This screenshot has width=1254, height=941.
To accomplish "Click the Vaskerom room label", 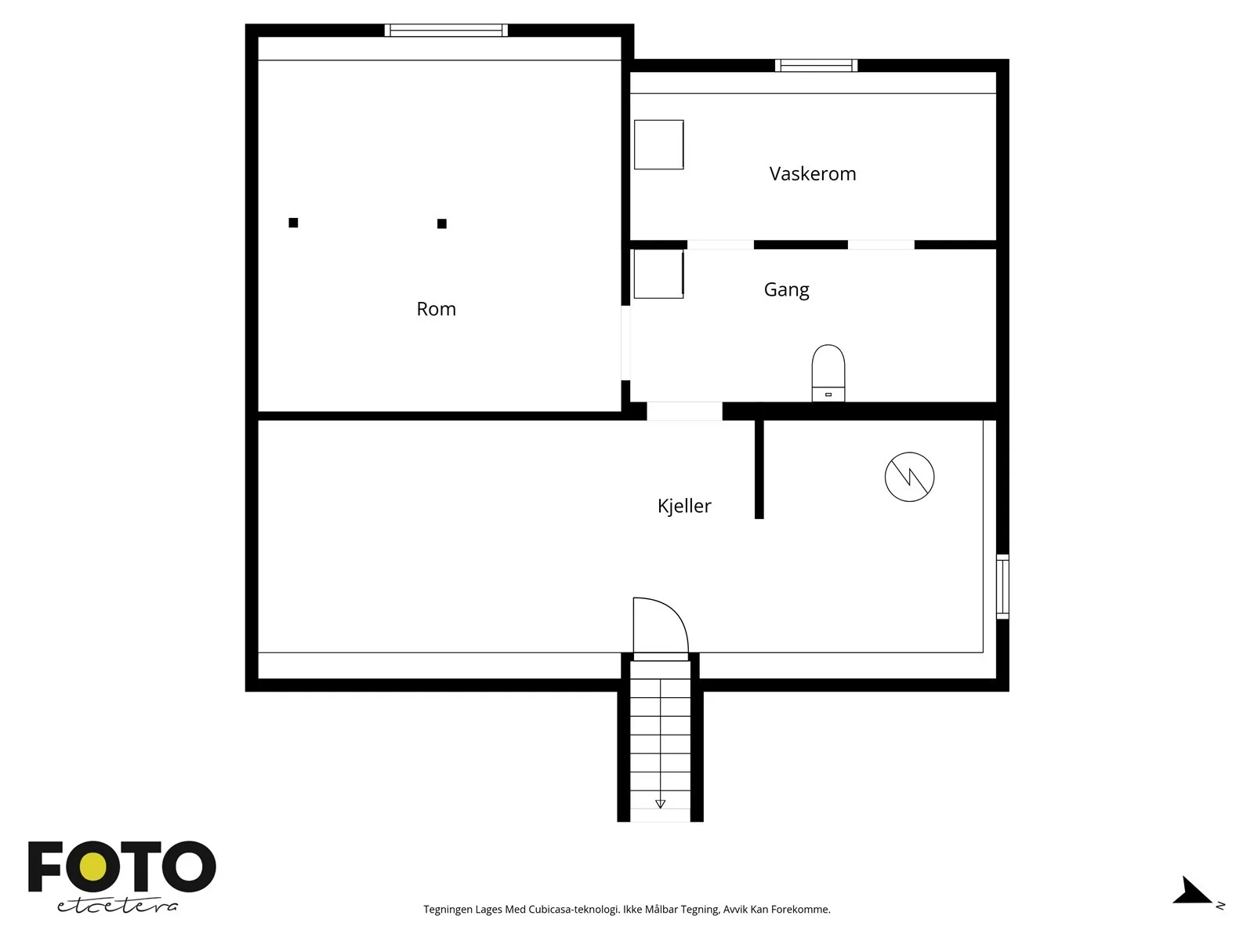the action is pos(813,173).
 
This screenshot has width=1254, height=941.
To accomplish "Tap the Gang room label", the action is pos(786,289).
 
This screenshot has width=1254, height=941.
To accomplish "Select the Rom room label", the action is pos(436,309).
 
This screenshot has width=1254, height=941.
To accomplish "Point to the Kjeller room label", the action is pos(684,506).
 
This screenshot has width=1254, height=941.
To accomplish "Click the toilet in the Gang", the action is pos(828,373).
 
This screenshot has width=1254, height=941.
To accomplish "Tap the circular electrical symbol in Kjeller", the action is pos(909,477).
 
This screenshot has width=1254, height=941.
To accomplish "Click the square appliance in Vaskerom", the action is pos(658,144).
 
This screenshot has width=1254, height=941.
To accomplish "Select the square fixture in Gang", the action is pos(658,274).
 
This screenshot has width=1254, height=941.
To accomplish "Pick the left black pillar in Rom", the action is pos(293,223).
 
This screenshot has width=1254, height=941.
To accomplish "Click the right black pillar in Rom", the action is pos(441,223).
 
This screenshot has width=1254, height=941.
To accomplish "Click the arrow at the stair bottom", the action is pos(661,804).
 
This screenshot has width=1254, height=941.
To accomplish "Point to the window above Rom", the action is pos(446,31).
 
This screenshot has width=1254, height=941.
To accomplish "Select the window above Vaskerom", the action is pos(816,66).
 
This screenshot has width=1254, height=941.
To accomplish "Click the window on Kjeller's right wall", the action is pos(1002,587).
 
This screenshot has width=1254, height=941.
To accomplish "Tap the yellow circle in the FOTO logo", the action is pos(93,867).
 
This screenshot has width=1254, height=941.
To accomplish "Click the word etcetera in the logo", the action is pos(117,905).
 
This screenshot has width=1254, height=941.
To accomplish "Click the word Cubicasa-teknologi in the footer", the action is pos(574,910).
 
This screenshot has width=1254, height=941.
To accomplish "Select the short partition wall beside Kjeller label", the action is pos(759,468).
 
